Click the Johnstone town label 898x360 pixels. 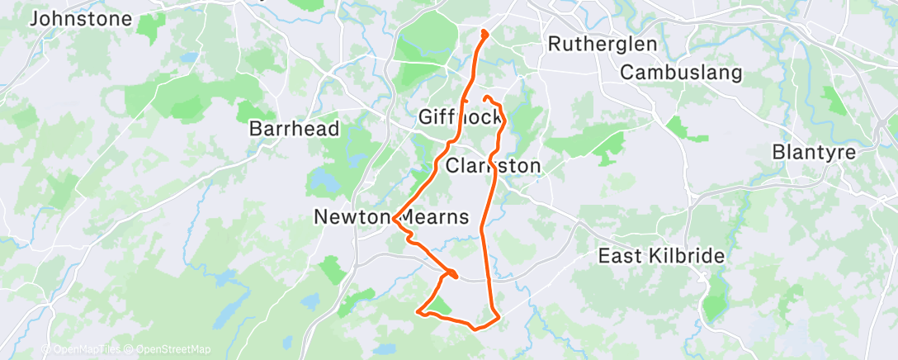(x=80, y=18)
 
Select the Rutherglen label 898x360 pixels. (x=602, y=44)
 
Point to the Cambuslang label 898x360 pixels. (x=681, y=73)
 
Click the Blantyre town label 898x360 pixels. (x=813, y=153)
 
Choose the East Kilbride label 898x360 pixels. (x=661, y=256)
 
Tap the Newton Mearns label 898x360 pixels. (x=391, y=217)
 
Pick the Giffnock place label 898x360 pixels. (x=460, y=117)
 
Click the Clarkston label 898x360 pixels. (x=493, y=166)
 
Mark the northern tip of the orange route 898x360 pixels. (x=483, y=33)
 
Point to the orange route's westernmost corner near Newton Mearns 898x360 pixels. (x=395, y=220)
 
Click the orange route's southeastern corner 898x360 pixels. (x=498, y=318)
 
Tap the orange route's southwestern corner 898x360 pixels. (x=419, y=312)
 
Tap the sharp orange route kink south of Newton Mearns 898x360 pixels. (x=454, y=272)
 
